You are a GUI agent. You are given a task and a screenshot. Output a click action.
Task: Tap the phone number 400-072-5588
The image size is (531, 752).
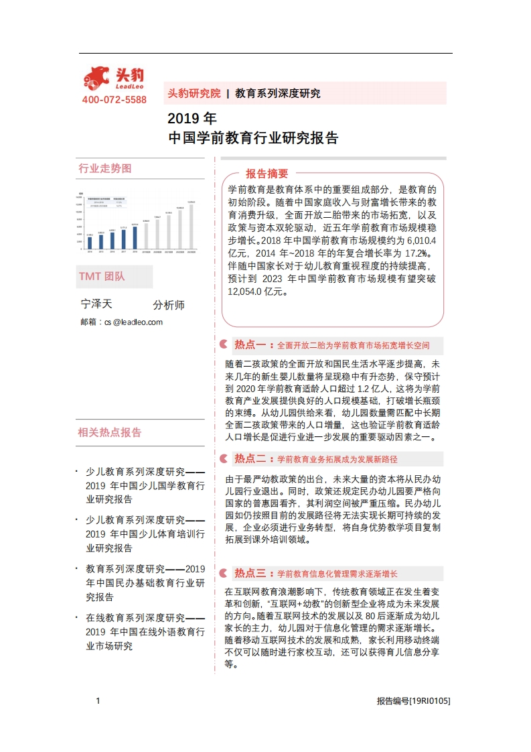[x=114, y=100]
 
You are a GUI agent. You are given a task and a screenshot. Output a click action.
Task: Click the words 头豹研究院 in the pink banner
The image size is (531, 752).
[x=194, y=93]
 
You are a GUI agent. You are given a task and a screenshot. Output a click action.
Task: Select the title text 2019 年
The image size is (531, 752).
[x=192, y=119]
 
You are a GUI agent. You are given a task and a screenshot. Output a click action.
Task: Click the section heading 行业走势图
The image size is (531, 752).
[x=105, y=168]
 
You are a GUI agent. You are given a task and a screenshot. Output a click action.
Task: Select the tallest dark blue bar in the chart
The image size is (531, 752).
[x=135, y=237]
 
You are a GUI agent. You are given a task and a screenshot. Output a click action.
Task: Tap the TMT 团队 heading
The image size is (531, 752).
[x=102, y=276]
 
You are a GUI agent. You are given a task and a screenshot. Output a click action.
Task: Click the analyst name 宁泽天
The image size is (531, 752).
[x=96, y=304]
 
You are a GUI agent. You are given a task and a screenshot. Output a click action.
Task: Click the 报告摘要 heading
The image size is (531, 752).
[x=267, y=172]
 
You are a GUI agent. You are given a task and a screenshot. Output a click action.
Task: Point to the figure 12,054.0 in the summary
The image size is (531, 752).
[x=248, y=292]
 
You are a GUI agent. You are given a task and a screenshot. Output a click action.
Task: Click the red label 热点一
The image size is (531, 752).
[x=250, y=345]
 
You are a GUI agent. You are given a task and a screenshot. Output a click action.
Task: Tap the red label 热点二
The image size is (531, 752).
[x=250, y=459]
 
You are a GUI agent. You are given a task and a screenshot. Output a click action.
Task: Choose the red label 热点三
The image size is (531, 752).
[x=250, y=574]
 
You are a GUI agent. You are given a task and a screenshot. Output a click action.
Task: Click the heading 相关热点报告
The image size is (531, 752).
[x=110, y=432]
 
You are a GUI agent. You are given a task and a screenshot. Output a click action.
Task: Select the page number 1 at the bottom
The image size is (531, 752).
[x=98, y=701]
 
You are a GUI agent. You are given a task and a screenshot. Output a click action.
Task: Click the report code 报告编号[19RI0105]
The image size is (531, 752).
[x=413, y=701]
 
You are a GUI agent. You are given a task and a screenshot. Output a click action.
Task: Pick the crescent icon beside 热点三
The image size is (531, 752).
[x=223, y=574]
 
